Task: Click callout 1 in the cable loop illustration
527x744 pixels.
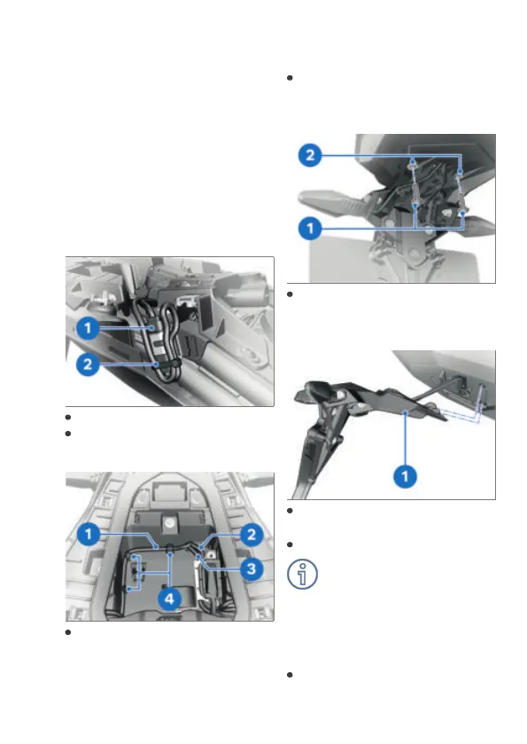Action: click(88, 328)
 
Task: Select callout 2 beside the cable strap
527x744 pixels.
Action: click(88, 364)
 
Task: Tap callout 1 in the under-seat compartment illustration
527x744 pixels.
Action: click(89, 534)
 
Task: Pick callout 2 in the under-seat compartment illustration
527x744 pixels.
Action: click(252, 535)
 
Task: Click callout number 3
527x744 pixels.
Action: click(252, 568)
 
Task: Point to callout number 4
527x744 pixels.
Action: click(169, 599)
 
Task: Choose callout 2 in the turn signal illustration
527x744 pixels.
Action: click(310, 155)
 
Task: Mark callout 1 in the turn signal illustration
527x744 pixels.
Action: click(310, 229)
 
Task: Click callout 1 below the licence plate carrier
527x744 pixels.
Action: click(405, 476)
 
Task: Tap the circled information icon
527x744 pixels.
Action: click(302, 574)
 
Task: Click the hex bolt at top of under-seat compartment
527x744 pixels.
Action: click(168, 523)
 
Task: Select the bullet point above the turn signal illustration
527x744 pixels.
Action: click(290, 78)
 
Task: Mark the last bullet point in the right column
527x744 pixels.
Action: click(290, 675)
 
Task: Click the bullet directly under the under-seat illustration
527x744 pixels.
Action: click(68, 632)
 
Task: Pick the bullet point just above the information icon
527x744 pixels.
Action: click(290, 544)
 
